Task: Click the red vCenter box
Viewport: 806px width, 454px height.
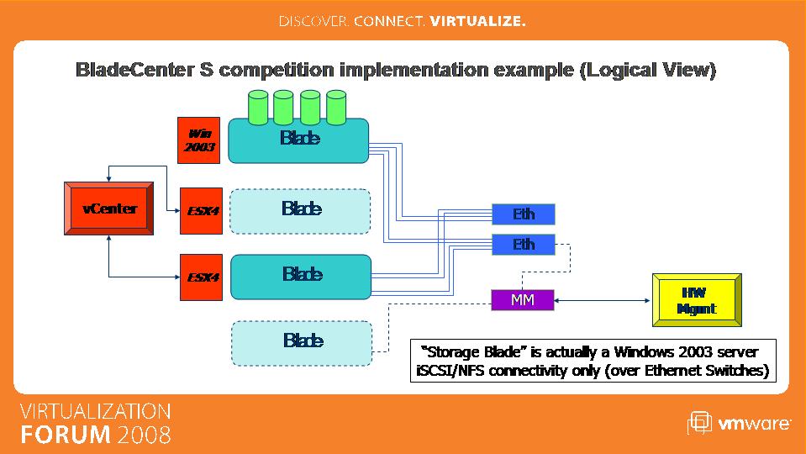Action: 108,209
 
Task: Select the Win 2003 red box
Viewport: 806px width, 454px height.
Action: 199,140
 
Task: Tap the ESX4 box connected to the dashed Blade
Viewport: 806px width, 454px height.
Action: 201,211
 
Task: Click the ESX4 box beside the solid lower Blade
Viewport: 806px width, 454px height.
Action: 201,277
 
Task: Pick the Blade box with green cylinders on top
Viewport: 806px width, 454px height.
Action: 298,140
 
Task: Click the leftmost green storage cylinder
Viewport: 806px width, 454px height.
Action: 258,108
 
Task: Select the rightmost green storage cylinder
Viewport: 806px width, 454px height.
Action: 336,108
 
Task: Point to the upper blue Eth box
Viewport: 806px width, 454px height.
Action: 524,214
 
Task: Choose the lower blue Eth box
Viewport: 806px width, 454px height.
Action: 524,244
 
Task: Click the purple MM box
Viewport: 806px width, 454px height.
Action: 522,300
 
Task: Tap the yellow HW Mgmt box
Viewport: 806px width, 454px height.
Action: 697,300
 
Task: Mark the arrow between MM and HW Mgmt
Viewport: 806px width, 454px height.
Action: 603,300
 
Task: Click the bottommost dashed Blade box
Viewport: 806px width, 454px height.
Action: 302,343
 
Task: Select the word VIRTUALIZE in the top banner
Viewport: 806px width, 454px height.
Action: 477,21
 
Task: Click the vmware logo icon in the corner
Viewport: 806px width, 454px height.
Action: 699,423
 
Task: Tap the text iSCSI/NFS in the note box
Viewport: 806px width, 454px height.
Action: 450,370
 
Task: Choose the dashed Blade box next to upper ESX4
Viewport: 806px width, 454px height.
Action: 300,211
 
